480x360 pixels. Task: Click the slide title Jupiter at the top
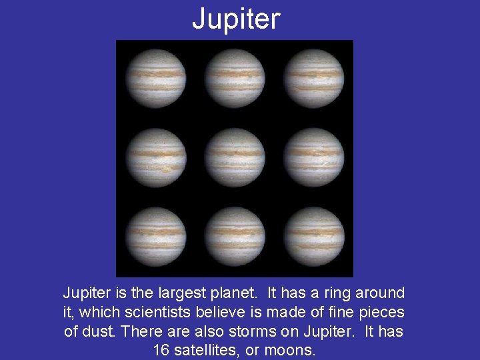click(236, 19)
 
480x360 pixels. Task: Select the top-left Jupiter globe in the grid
click(156, 79)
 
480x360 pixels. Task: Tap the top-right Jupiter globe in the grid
click(314, 79)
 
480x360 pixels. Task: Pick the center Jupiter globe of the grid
click(235, 157)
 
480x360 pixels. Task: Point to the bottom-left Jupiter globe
click(156, 237)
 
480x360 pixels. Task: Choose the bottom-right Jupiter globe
click(314, 237)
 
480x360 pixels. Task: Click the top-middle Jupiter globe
click(235, 79)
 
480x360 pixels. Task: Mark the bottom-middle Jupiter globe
click(235, 237)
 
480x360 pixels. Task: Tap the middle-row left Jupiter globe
click(156, 157)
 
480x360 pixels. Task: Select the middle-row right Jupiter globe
click(314, 157)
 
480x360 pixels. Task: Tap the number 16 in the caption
click(161, 350)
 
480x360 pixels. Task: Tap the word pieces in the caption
click(382, 312)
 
